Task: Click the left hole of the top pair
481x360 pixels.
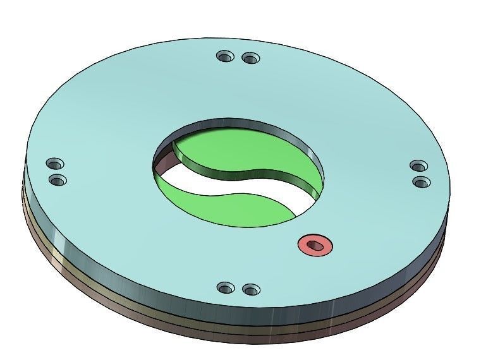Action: [x=224, y=57]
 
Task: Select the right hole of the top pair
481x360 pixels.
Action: [x=251, y=59]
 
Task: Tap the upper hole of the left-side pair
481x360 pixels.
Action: [x=54, y=165]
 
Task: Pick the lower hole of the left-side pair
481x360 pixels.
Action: [x=58, y=181]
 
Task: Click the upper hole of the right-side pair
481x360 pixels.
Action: [x=418, y=166]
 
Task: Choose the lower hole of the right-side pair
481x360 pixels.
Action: [x=422, y=183]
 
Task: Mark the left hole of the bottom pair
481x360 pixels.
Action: [x=226, y=288]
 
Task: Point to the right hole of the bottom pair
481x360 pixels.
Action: [x=251, y=291]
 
